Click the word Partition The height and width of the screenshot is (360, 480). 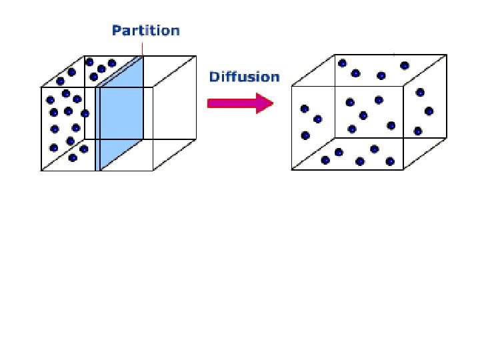click(x=145, y=30)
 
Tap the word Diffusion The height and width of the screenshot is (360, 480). click(x=244, y=77)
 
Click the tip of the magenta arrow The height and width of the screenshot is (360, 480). click(x=273, y=103)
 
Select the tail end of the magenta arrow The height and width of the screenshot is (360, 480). click(x=209, y=103)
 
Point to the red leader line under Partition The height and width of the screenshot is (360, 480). click(x=143, y=47)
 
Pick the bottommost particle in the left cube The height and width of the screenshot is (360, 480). click(x=72, y=158)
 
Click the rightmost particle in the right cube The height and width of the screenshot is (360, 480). click(x=429, y=111)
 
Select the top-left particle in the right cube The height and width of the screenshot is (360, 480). click(x=342, y=63)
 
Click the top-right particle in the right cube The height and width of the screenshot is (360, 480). click(x=404, y=65)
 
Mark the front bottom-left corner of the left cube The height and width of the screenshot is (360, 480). click(x=41, y=171)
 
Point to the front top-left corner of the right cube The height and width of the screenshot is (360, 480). click(x=292, y=86)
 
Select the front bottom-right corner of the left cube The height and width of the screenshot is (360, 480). click(x=153, y=171)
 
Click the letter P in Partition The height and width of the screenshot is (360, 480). click(x=116, y=30)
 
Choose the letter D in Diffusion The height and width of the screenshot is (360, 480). click(x=213, y=77)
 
